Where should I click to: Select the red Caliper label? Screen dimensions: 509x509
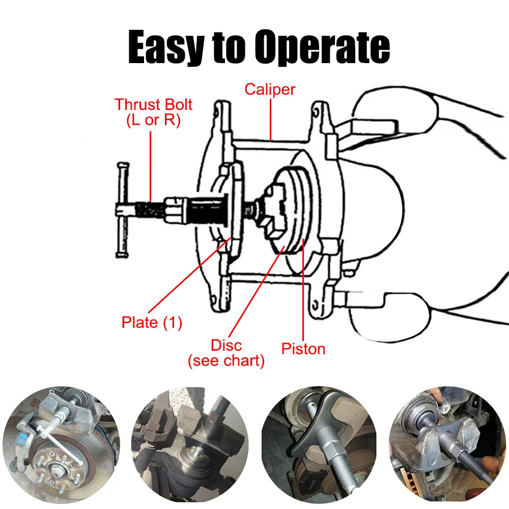(270, 89)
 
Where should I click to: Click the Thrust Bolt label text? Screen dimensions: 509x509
(153, 105)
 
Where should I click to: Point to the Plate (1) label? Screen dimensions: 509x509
(152, 322)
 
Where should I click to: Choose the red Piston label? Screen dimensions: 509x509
(303, 349)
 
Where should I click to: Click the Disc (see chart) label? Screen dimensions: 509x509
(227, 353)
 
